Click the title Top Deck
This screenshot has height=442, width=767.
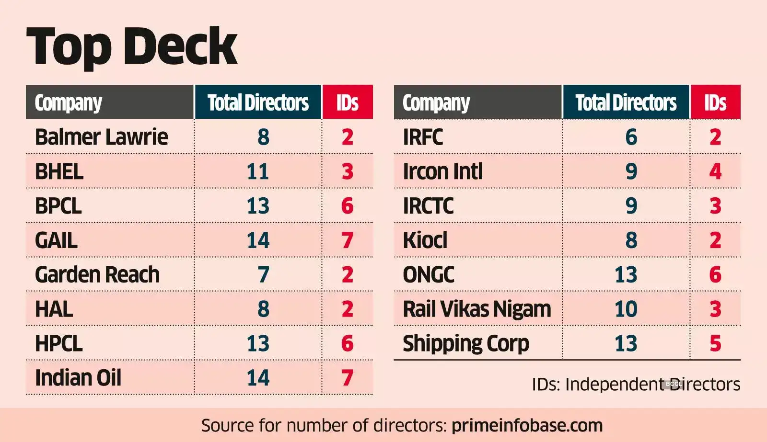132,46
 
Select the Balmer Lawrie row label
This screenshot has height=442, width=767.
101,137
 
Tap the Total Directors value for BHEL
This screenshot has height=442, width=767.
258,171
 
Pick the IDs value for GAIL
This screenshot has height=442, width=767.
347,240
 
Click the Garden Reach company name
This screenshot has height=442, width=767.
97,274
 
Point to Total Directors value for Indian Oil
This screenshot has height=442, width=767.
258,378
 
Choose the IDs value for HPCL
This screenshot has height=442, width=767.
347,343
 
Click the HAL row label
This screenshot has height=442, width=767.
54,309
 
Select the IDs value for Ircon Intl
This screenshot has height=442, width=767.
715,171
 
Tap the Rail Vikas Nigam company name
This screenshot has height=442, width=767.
476,309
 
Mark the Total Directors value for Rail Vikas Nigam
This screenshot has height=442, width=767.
626,309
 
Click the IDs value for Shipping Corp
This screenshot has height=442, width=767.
715,343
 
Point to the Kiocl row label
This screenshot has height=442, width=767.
425,240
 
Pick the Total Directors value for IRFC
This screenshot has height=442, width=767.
631,137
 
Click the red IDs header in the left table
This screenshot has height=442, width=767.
348,102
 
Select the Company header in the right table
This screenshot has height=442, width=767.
436,102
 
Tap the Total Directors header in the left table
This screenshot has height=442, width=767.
258,102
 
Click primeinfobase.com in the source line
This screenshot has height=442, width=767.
527,425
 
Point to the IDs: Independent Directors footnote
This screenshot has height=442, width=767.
636,384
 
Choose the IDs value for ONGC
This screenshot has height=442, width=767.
715,274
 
